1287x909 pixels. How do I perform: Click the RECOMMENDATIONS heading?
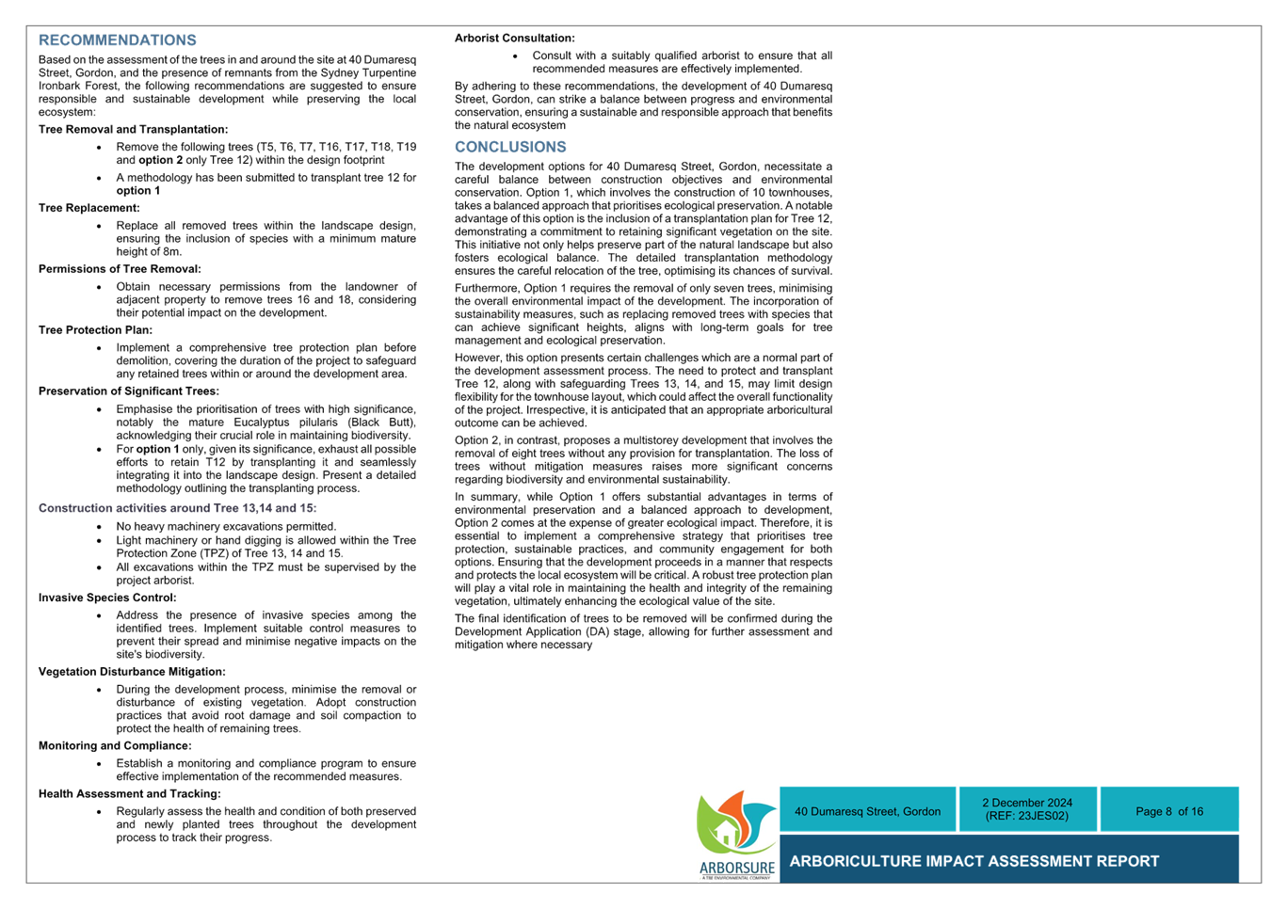click(117, 40)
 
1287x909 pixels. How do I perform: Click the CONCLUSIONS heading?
click(510, 147)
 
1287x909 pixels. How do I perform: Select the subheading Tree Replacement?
click(89, 208)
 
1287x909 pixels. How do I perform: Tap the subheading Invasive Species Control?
click(107, 598)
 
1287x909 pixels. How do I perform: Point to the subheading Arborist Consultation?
click(515, 39)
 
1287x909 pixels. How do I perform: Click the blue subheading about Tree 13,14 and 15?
click(178, 508)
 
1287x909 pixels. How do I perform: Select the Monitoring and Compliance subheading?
click(115, 746)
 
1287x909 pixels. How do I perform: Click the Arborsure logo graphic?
click(736, 835)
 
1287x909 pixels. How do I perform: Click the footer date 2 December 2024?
click(1027, 803)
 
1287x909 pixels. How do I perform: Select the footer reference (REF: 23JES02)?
click(1027, 816)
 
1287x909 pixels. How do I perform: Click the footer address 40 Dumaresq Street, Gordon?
click(868, 811)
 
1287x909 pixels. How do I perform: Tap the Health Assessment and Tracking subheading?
click(130, 794)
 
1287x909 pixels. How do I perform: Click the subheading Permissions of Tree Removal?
click(120, 269)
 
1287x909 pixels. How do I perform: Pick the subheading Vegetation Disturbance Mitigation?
click(132, 672)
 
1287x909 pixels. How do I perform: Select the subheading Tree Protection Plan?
click(95, 330)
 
